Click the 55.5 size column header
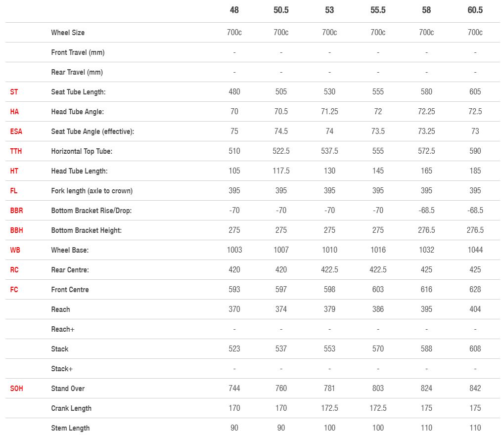(x=378, y=10)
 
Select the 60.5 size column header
(x=475, y=10)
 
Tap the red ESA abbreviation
(x=16, y=131)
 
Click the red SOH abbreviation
(x=16, y=389)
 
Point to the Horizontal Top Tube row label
(x=82, y=151)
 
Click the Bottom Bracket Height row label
(x=86, y=230)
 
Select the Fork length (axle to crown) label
(x=91, y=191)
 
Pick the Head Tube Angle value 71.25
(x=329, y=112)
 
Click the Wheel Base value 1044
(x=475, y=250)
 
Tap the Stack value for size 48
(x=234, y=349)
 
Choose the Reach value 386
(x=378, y=309)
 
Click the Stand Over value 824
(x=426, y=389)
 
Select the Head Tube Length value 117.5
(x=281, y=171)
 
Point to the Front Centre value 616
(x=426, y=290)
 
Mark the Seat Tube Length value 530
(x=329, y=92)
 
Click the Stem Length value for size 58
(x=426, y=428)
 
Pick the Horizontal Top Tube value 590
(x=475, y=151)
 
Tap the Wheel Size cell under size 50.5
(x=281, y=33)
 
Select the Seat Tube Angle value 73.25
(x=426, y=131)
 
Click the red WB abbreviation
(x=15, y=250)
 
